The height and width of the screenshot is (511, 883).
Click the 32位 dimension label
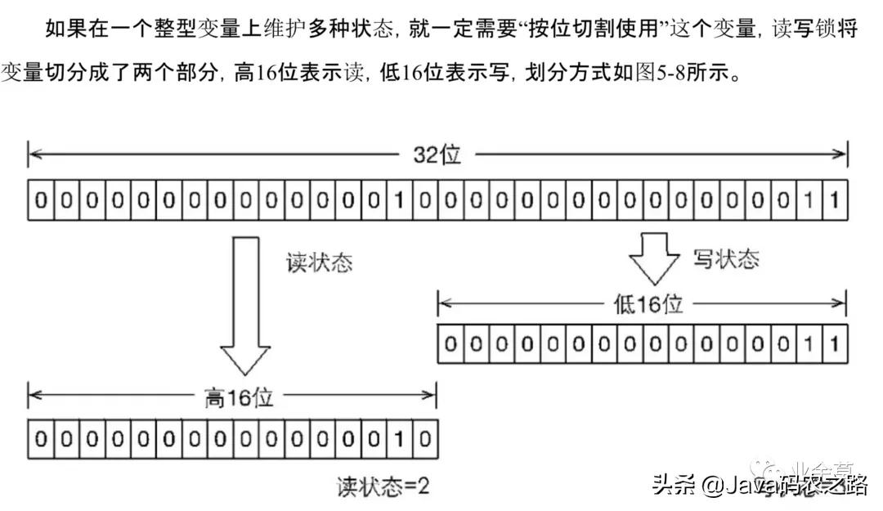point(437,154)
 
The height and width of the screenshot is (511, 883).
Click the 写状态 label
point(725,258)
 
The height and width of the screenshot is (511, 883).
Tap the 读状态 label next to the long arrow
point(319,262)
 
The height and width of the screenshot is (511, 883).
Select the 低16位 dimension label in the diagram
point(648,304)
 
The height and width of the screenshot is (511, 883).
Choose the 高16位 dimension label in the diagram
point(238,397)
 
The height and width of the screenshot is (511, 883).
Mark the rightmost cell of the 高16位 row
point(424,438)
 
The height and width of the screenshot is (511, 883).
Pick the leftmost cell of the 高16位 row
point(40,438)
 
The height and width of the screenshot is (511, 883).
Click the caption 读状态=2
point(383,487)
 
